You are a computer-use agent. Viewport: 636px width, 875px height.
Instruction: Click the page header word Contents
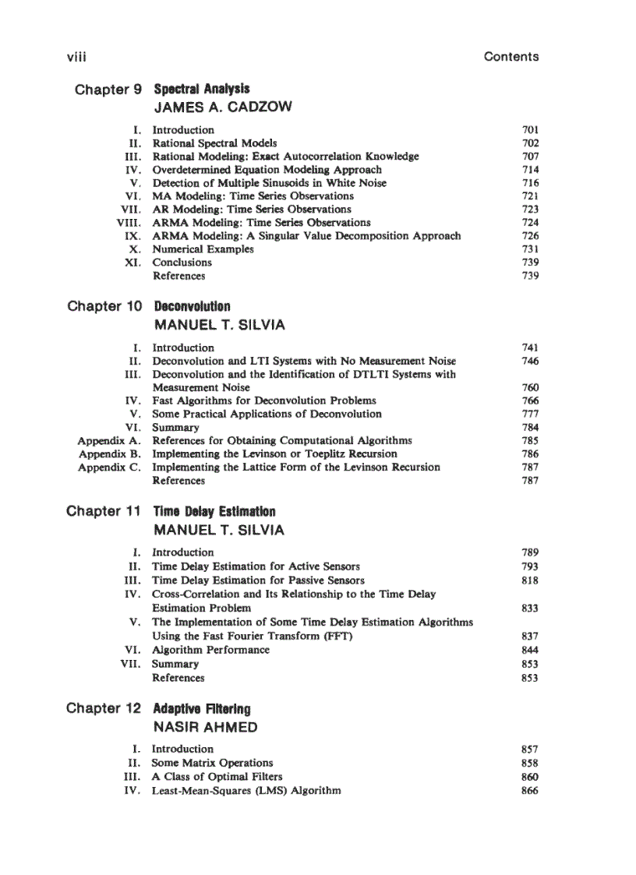point(511,56)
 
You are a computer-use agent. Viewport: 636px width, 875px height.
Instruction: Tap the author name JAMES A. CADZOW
point(223,107)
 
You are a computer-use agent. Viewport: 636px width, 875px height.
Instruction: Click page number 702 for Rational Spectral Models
point(530,143)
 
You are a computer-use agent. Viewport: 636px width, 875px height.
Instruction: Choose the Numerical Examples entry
point(203,249)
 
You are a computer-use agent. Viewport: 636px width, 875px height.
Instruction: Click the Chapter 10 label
point(104,306)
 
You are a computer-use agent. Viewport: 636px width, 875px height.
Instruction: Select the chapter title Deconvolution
point(192,306)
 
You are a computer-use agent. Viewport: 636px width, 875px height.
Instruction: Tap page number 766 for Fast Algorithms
point(530,400)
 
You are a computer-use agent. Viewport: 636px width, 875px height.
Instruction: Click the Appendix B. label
point(108,453)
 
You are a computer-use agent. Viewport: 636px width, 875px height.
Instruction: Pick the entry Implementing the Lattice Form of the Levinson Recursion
point(295,467)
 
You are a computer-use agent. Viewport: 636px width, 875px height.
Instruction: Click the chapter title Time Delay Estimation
point(214,512)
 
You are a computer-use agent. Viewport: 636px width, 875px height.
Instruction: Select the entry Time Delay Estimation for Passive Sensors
point(258,580)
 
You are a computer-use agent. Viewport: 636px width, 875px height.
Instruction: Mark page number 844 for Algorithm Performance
point(530,650)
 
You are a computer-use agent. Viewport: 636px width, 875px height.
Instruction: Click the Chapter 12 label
point(104,708)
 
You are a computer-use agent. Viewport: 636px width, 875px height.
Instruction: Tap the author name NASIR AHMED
point(206,727)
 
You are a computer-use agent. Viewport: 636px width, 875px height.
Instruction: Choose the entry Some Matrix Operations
point(212,763)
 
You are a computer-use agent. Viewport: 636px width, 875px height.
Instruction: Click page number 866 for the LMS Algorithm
point(530,790)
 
